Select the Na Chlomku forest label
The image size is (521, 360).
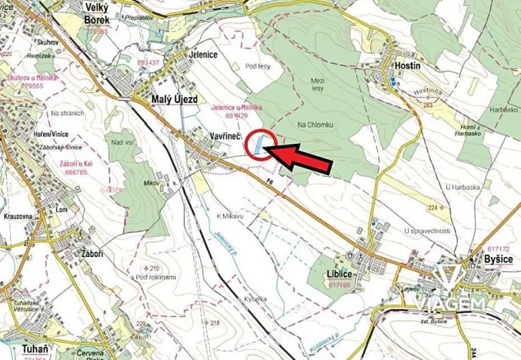click(x=313, y=123)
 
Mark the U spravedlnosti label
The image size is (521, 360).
click(x=426, y=230)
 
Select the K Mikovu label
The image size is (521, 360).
click(x=230, y=216)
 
